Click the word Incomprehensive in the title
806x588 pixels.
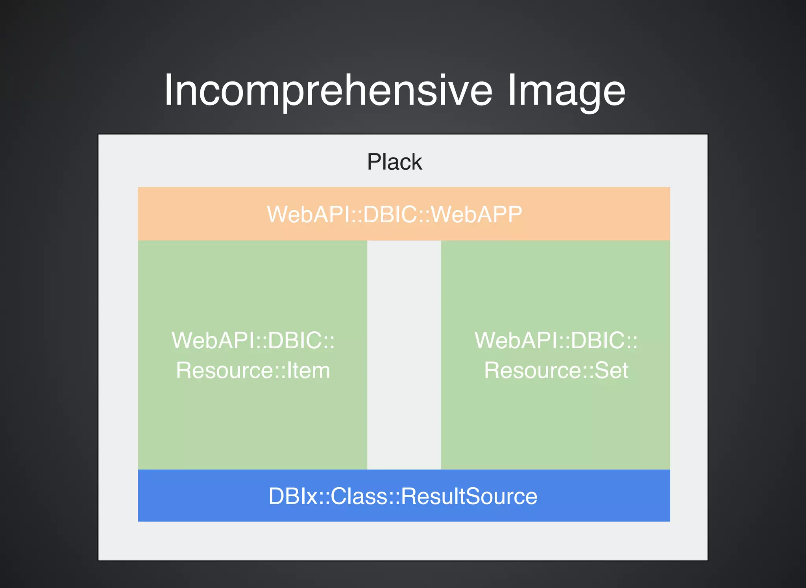[328, 91]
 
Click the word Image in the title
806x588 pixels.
[566, 91]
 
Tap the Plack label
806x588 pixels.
[394, 162]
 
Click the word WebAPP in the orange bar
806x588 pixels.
[477, 214]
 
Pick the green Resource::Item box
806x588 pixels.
[252, 417]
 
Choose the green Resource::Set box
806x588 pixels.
[555, 417]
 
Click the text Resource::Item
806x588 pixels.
[253, 370]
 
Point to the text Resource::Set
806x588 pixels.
[556, 370]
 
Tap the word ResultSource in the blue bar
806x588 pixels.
[469, 496]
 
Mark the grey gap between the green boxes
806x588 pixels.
[404, 354]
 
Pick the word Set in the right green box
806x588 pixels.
[611, 370]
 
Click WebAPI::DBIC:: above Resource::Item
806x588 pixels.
[253, 340]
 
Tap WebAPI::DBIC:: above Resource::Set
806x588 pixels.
[556, 340]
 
